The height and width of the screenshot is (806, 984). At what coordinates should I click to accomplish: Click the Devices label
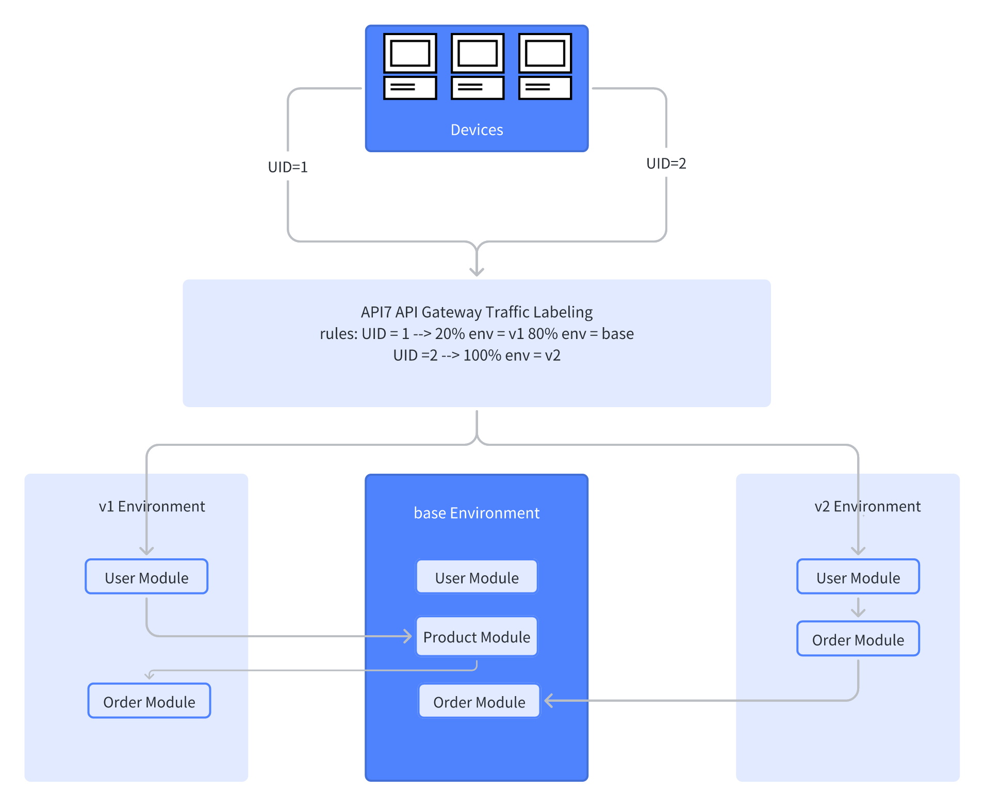point(477,130)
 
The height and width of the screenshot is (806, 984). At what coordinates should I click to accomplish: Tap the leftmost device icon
point(410,66)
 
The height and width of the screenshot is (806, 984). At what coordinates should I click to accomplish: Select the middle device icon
point(478,66)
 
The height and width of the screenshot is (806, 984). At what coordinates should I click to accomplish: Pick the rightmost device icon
point(545,66)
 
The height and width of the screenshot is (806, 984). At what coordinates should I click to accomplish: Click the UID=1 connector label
point(288,167)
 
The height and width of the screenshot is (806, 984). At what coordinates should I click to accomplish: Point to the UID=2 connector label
point(666,164)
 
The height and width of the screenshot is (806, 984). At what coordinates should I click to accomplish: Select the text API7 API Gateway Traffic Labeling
point(477,312)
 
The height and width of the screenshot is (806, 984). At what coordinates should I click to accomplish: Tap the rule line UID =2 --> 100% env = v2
point(477,356)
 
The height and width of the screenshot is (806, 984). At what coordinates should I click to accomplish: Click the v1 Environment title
point(152,506)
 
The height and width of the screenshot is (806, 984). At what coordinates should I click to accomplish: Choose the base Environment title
point(477,513)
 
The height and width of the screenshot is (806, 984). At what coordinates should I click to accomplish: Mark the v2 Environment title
point(867,506)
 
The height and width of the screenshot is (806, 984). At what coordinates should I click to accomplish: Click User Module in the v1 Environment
point(146,577)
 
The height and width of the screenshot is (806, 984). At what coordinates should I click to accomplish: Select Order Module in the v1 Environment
point(149,701)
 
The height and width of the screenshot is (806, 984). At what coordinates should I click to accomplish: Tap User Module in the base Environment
point(477,577)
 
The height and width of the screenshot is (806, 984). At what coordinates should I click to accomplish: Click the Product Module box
point(477,637)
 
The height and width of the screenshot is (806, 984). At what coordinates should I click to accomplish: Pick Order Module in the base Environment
point(479,701)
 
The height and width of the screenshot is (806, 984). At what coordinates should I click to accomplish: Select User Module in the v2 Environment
point(858,577)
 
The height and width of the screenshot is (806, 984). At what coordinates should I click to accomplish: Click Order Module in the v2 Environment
point(858,639)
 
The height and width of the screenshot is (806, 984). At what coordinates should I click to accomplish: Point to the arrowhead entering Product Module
point(408,636)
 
